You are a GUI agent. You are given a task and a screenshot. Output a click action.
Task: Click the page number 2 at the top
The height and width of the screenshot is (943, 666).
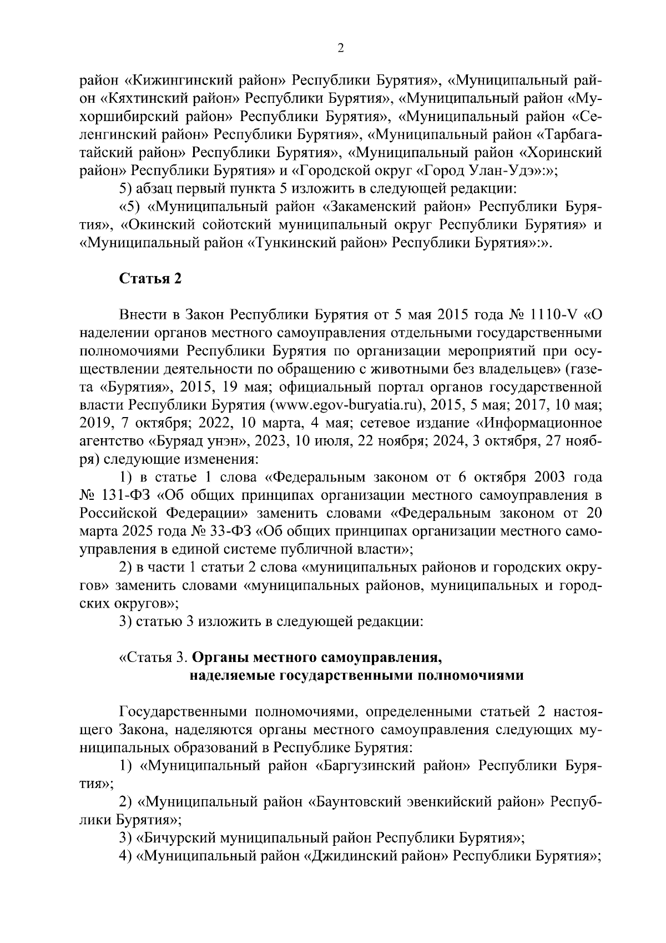[x=341, y=48]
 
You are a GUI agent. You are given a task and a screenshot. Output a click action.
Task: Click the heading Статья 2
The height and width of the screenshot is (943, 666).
[x=151, y=279]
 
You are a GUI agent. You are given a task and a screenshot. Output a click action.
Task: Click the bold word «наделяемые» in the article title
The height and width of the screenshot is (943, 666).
[x=228, y=676]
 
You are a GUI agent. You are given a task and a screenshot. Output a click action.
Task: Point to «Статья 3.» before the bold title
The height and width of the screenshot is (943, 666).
[x=158, y=658]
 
